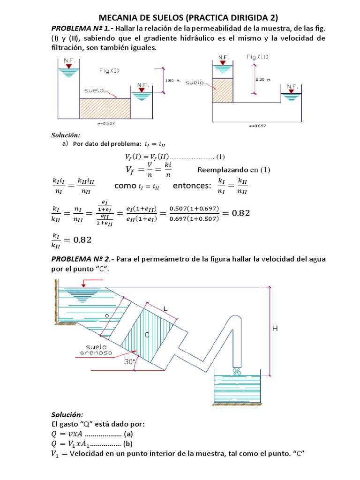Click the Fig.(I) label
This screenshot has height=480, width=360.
[x=109, y=71]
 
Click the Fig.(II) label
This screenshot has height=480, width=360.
[x=258, y=57]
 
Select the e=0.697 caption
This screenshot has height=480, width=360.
[x=257, y=126]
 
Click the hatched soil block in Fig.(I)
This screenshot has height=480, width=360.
[x=105, y=108]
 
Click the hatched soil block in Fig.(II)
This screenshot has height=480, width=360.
[x=223, y=90]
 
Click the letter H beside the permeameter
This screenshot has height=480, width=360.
[x=275, y=329]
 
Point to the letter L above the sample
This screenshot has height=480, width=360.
[x=165, y=307]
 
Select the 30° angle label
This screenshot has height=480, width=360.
[x=129, y=361]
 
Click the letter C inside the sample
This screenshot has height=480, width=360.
[x=147, y=335]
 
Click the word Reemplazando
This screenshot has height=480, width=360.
[x=223, y=169]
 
